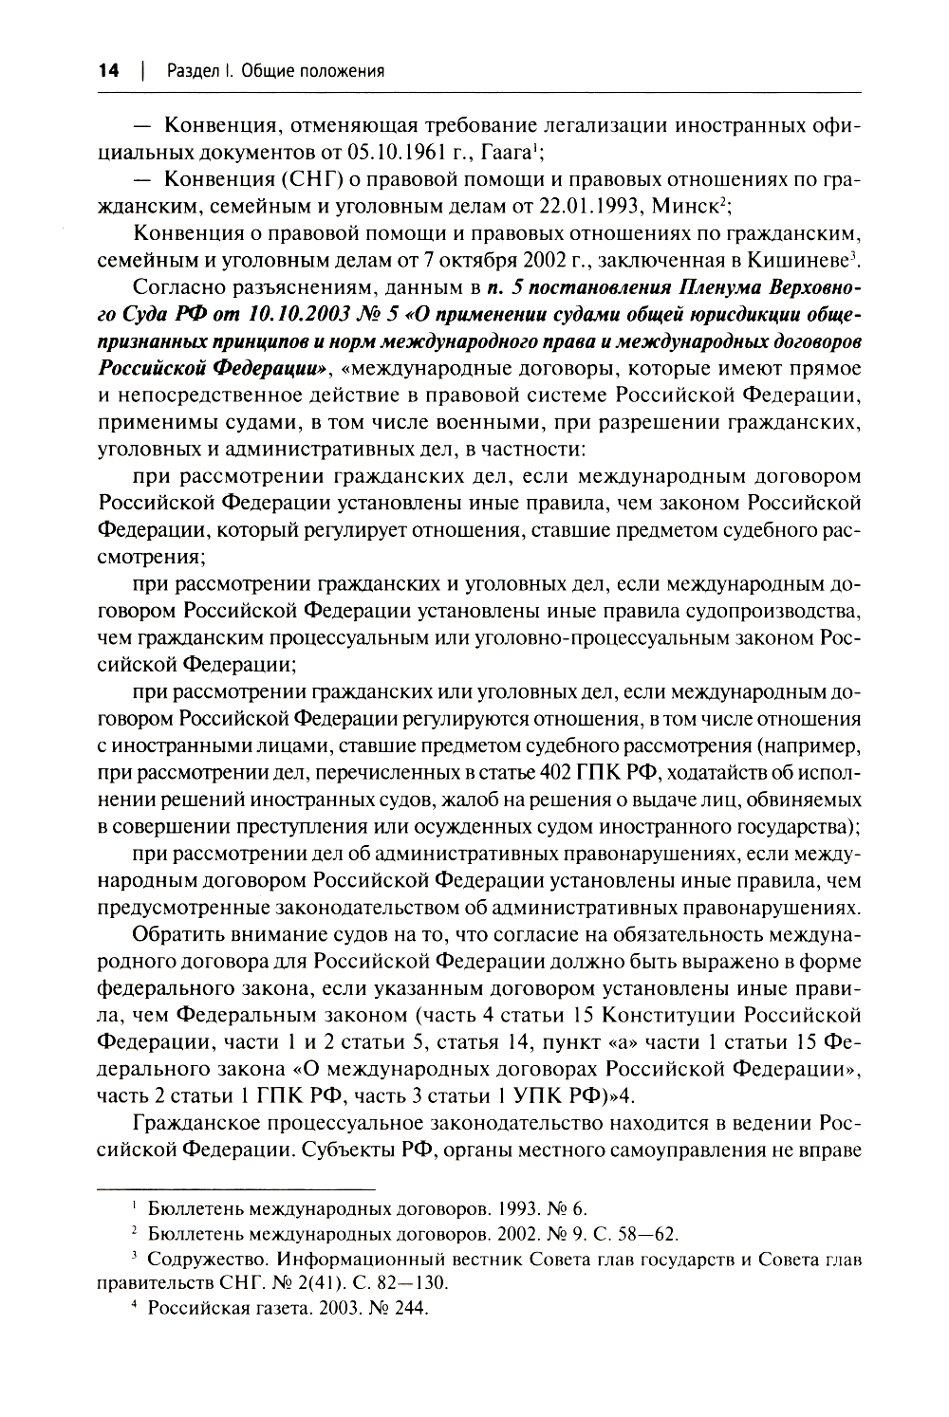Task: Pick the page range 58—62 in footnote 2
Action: point(640,1233)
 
